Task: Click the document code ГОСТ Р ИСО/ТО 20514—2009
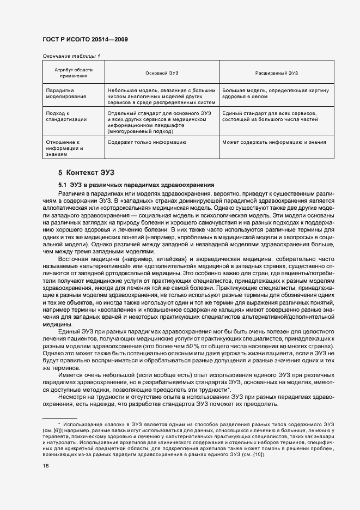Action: point(84,40)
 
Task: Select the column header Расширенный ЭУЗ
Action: point(274,73)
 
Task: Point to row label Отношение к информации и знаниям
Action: point(64,148)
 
